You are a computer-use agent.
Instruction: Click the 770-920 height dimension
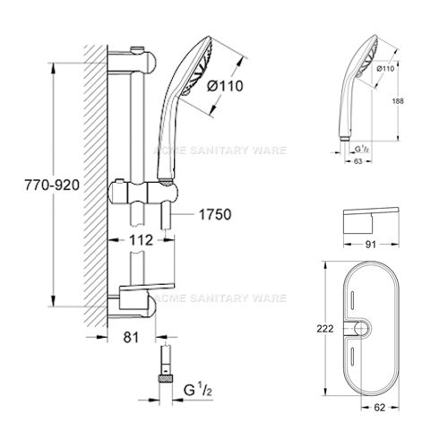(x=52, y=185)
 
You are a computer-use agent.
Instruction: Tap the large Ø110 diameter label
(x=225, y=86)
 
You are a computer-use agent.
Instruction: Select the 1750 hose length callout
(x=215, y=214)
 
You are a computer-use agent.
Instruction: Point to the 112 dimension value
(x=141, y=240)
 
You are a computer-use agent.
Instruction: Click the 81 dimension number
(x=131, y=337)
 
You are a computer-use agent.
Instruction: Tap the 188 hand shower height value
(x=398, y=101)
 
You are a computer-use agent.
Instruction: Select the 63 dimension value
(x=358, y=161)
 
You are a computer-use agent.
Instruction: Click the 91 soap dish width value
(x=371, y=245)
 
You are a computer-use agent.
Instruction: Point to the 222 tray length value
(x=325, y=329)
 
